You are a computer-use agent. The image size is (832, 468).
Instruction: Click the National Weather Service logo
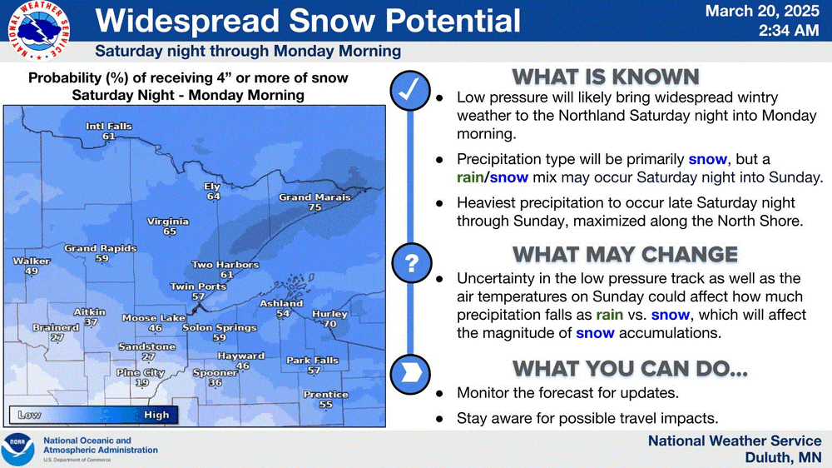point(38,31)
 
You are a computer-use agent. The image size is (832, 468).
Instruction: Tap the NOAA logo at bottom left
point(17,450)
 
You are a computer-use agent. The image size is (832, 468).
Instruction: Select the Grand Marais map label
point(314,197)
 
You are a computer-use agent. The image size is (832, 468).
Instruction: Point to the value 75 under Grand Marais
point(314,207)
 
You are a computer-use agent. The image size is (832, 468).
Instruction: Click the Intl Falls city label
point(109,126)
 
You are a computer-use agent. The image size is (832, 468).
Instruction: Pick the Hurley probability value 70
point(329,323)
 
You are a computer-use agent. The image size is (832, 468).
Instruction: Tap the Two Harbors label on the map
point(225,264)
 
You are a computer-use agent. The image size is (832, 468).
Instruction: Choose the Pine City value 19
point(141,382)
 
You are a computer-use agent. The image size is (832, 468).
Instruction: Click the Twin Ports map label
point(198,286)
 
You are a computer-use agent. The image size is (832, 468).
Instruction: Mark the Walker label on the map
point(32,261)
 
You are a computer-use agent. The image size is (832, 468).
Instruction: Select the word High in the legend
point(156,415)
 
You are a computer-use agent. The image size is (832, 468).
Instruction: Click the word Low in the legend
point(29,415)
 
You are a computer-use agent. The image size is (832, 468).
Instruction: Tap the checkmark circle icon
point(409,90)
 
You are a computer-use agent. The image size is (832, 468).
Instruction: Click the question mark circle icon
point(411,263)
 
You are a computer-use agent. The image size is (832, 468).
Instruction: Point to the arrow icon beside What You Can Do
point(409,374)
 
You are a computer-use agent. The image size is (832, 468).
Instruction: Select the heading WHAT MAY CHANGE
point(625,255)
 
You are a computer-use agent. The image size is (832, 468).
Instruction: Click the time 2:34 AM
point(789,30)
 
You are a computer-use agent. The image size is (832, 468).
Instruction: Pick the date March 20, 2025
point(762,11)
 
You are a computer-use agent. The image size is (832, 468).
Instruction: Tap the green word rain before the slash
point(470,177)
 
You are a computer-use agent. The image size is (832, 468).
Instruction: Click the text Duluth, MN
point(783,457)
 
